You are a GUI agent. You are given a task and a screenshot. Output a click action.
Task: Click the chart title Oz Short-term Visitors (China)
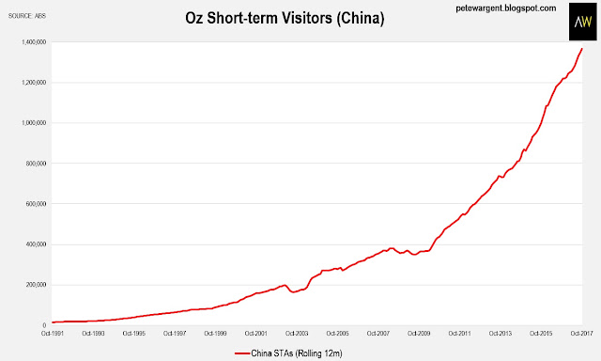pyautogui.click(x=285, y=18)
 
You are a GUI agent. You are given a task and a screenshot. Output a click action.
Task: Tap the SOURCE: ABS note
pyautogui.click(x=27, y=16)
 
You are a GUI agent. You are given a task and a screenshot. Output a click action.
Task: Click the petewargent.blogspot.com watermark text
pyautogui.click(x=506, y=8)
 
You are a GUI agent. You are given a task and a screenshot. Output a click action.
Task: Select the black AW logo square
pyautogui.click(x=582, y=22)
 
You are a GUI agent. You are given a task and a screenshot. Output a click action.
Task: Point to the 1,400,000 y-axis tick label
pyautogui.click(x=35, y=41)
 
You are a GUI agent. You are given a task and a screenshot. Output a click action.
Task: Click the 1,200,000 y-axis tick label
pyautogui.click(x=35, y=83)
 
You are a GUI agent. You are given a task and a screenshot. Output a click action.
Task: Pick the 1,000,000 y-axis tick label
pyautogui.click(x=35, y=123)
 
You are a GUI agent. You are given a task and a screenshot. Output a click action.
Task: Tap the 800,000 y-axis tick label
pyautogui.click(x=37, y=164)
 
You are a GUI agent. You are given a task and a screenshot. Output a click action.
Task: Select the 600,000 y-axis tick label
pyautogui.click(x=37, y=204)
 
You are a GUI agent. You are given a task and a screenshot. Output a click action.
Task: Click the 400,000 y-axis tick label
pyautogui.click(x=37, y=244)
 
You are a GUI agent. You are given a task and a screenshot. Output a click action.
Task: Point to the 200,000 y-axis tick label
pyautogui.click(x=37, y=285)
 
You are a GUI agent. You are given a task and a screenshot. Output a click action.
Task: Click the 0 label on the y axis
pyautogui.click(x=44, y=325)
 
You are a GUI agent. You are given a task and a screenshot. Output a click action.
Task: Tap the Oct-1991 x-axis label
pyautogui.click(x=53, y=334)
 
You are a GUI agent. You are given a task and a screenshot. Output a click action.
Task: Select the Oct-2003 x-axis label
pyautogui.click(x=297, y=334)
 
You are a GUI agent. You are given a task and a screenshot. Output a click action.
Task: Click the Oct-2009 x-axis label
pyautogui.click(x=419, y=334)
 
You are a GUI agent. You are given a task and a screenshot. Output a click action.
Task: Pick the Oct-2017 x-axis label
pyautogui.click(x=582, y=334)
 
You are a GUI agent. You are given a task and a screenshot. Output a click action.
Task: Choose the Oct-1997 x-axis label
pyautogui.click(x=175, y=334)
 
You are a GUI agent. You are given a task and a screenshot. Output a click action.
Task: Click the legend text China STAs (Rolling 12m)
pyautogui.click(x=297, y=353)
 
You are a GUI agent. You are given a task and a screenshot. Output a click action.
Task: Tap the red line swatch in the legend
pyautogui.click(x=242, y=353)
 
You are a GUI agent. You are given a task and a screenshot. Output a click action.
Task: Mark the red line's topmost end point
pyautogui.click(x=582, y=48)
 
